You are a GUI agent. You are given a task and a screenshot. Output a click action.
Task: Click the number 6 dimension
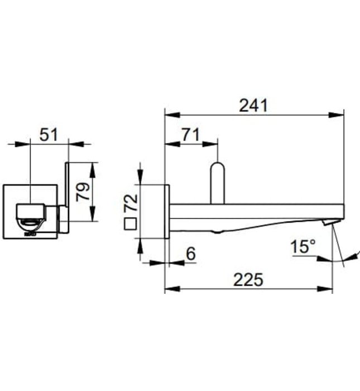click(x=190, y=254)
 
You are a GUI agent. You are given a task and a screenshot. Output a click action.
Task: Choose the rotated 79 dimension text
click(x=83, y=192)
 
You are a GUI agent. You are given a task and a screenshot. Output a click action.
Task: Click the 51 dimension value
click(x=48, y=134)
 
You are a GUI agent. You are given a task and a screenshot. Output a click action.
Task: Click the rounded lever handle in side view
click(x=217, y=182)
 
